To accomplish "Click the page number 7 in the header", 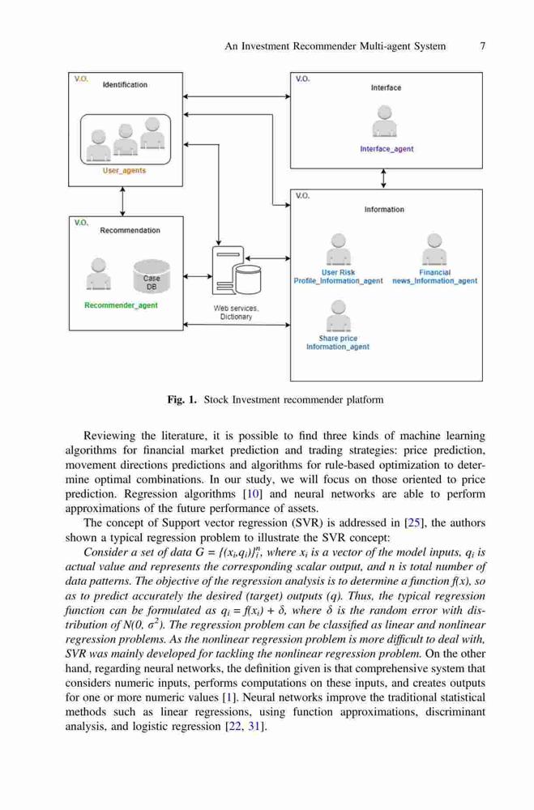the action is coord(482,46).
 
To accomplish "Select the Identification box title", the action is coord(125,85).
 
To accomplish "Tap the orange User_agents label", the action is coord(124,170).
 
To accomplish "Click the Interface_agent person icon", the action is coord(385,122).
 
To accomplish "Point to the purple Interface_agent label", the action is coord(387,149).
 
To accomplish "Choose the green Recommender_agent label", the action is coord(121,305).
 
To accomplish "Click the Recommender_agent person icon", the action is coord(98,275).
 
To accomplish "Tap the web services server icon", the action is coord(237,271).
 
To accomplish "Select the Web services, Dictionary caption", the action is coord(237,313).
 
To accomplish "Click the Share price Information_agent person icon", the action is coord(338,316).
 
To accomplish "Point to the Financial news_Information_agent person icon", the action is coord(435,249).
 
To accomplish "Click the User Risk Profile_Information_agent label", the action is coord(338,277).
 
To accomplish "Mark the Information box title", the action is coord(384,210).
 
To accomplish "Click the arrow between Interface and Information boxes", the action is coord(383,179).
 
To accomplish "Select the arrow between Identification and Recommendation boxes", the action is coord(122,202).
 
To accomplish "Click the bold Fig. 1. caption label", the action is coord(182,400).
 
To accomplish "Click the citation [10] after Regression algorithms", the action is coord(253,494).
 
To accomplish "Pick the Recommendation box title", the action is coord(130,230).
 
